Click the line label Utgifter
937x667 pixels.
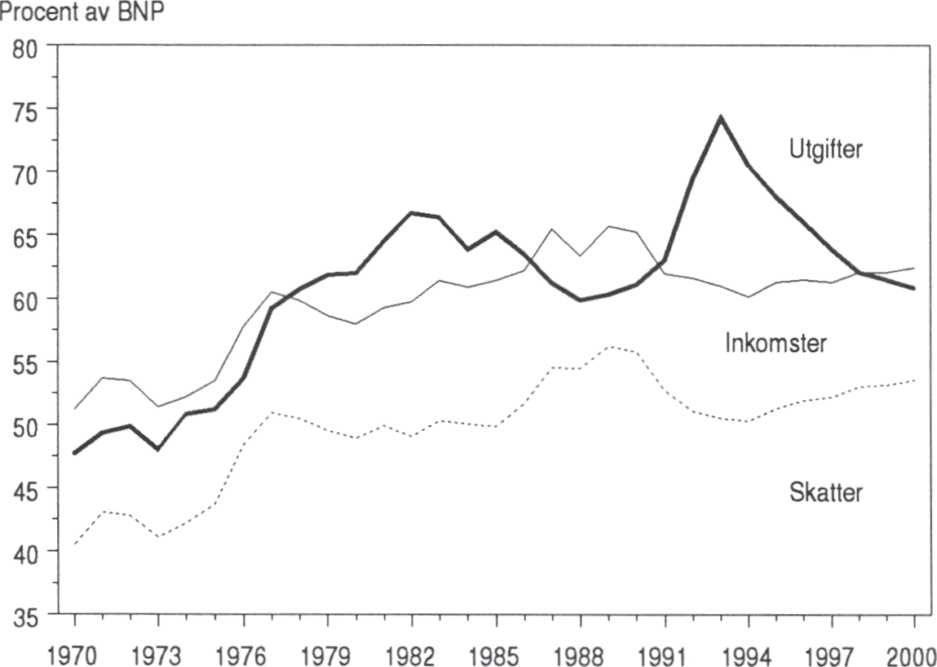[824, 151]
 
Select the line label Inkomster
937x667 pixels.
[776, 344]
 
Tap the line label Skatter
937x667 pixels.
[825, 493]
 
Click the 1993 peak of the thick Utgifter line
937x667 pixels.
[721, 117]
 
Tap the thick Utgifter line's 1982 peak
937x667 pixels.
[410, 213]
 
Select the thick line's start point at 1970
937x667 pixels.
[74, 452]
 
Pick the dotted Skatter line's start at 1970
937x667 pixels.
[74, 544]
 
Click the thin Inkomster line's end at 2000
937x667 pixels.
[914, 268]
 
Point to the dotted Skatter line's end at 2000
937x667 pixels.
[914, 380]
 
